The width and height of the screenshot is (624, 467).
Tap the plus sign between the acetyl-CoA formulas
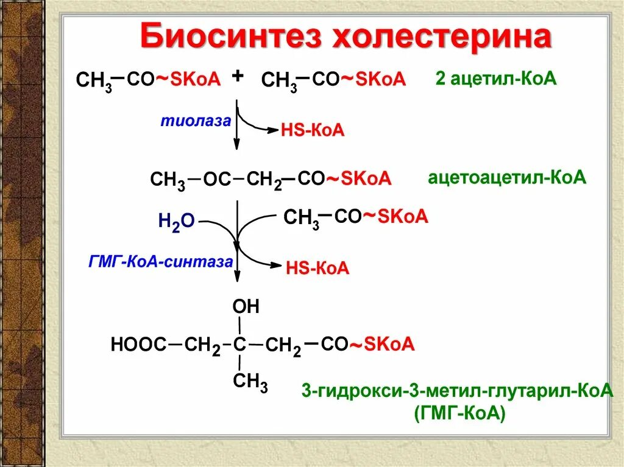pos(238,75)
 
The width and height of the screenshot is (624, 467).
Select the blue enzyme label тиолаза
pos(196,121)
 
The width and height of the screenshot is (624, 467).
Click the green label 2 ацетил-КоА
pos(496,79)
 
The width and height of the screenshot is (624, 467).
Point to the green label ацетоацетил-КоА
pos(506,178)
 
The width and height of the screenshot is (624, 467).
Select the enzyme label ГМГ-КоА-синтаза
pos(161,262)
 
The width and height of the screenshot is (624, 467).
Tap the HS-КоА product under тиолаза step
pos(313,130)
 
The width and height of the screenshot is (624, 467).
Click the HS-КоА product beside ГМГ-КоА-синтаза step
pos(317,269)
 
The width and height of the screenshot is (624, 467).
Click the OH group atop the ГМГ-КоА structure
pos(246,307)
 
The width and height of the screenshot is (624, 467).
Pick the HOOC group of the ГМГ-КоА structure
pos(138,345)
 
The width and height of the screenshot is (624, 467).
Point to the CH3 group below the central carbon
pos(250,382)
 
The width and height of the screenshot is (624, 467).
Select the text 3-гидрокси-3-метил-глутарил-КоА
pos(456,390)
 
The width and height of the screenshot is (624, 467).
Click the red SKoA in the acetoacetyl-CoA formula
pos(366,179)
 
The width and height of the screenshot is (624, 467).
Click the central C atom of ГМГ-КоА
pos(239,345)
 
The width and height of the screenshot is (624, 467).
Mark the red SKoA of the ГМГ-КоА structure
pos(390,345)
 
